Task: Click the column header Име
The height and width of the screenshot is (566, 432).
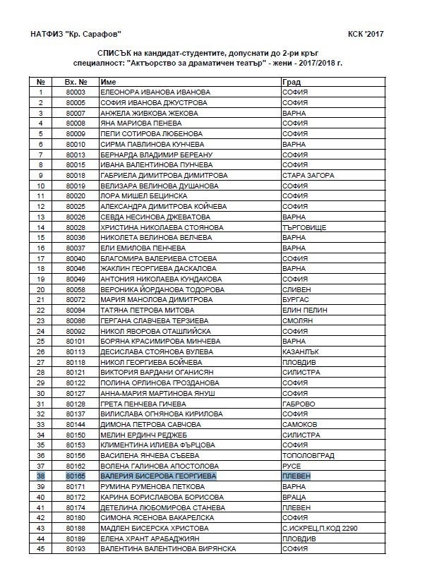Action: coord(109,82)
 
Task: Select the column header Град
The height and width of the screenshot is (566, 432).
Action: coord(291,82)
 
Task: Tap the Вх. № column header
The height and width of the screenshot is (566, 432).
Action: coord(76,82)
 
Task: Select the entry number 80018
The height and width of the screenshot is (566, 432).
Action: coord(76,175)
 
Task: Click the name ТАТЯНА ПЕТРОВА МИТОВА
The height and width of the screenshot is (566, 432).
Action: coord(146,310)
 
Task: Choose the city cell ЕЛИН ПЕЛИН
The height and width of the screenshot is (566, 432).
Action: coord(302,310)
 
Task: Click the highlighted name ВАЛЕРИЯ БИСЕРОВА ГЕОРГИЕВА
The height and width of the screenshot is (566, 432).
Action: coord(158,476)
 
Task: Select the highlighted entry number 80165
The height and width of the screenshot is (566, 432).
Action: coord(76,476)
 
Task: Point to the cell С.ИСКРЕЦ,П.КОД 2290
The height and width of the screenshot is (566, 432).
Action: coord(319,527)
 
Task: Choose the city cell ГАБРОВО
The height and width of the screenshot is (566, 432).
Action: coord(297,403)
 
